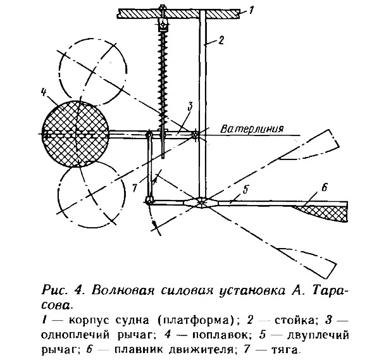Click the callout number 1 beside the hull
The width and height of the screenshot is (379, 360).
click(x=251, y=10)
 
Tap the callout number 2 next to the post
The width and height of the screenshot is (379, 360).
click(x=221, y=40)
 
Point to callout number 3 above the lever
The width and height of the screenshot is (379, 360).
click(x=190, y=107)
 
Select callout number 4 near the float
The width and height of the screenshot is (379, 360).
click(x=44, y=92)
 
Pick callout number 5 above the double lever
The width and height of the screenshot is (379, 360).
click(x=245, y=190)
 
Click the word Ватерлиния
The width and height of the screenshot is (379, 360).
click(x=252, y=129)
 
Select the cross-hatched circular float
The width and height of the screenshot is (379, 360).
click(x=75, y=134)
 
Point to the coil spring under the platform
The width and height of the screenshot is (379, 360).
click(x=163, y=77)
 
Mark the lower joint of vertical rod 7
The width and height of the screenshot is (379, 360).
click(x=149, y=201)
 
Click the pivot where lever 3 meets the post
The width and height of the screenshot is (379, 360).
click(x=196, y=135)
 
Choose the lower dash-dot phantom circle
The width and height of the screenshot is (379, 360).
click(x=92, y=194)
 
